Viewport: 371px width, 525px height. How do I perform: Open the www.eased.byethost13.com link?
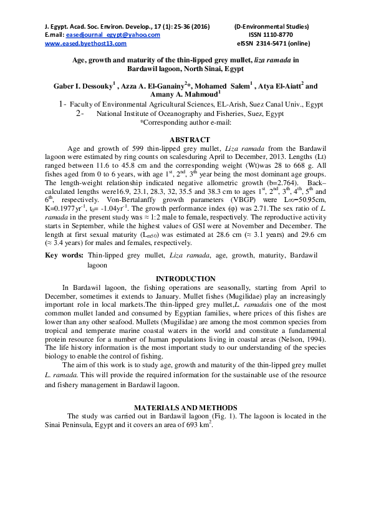(82, 44)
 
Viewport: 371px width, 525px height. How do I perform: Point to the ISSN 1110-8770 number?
(270, 36)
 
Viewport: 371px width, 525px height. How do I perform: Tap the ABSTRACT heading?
(185, 140)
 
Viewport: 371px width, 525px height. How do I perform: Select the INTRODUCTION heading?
(185, 278)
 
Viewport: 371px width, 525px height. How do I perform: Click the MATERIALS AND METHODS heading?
(185, 407)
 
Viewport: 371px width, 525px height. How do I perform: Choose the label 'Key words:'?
(64, 256)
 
